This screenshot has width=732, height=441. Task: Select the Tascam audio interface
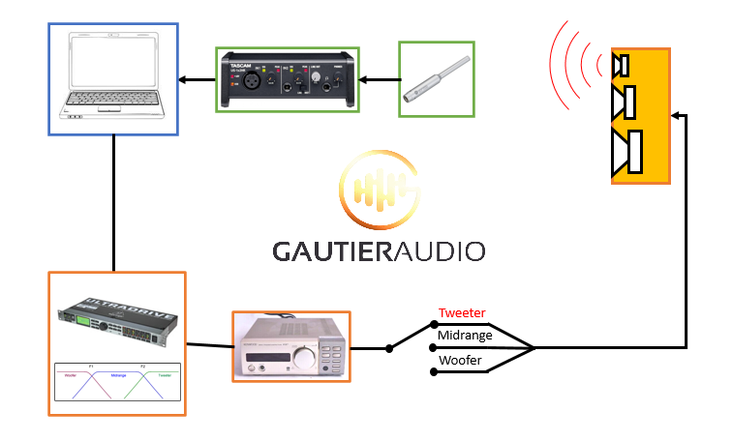(x=286, y=79)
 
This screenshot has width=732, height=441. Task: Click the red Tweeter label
(x=462, y=312)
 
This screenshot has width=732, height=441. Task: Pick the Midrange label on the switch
(x=466, y=336)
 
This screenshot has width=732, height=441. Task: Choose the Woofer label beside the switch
(x=460, y=361)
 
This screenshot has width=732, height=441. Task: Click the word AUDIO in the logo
(x=433, y=251)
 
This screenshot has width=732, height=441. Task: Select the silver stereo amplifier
(x=290, y=346)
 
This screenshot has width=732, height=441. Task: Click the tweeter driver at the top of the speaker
(x=622, y=66)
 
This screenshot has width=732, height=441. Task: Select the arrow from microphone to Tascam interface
(x=379, y=79)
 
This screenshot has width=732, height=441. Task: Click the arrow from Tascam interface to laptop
(x=198, y=79)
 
